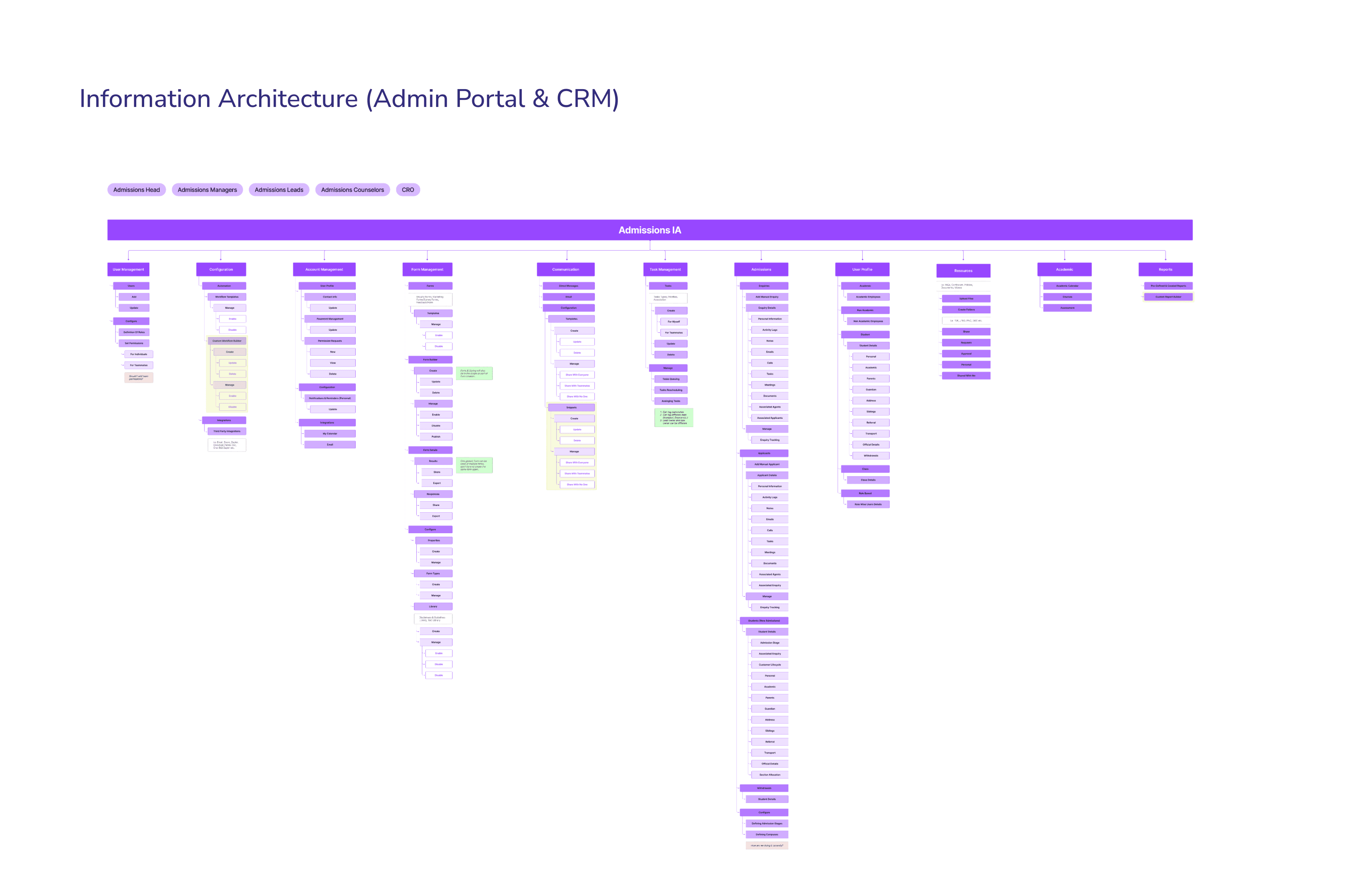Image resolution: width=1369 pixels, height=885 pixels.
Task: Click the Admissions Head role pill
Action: coord(136,190)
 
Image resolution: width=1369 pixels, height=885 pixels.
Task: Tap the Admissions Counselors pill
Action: coord(352,190)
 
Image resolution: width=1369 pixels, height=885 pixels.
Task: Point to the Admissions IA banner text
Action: coord(649,230)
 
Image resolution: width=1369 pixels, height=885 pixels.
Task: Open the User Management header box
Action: coord(128,269)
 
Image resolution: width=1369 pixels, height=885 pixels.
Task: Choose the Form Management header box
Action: coord(427,269)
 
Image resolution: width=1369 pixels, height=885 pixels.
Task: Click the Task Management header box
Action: coord(665,269)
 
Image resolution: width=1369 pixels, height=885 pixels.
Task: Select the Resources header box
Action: coord(963,270)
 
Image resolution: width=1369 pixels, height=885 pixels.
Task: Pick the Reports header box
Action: coord(1165,269)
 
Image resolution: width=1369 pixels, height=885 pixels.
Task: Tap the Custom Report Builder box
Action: coord(1168,297)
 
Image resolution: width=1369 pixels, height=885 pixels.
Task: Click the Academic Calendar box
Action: coord(1067,286)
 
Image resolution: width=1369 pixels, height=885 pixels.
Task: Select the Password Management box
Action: coord(330,319)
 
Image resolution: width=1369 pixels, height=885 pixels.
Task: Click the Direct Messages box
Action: coord(568,286)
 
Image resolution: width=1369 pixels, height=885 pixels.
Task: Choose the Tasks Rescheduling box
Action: coord(670,390)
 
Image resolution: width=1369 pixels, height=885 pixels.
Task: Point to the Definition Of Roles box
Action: coord(134,332)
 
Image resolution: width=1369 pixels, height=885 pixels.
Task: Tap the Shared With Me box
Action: coord(966,375)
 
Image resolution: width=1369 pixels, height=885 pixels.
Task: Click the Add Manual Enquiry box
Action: coord(766,297)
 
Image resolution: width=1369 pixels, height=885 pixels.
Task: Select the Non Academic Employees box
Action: coord(868,321)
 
